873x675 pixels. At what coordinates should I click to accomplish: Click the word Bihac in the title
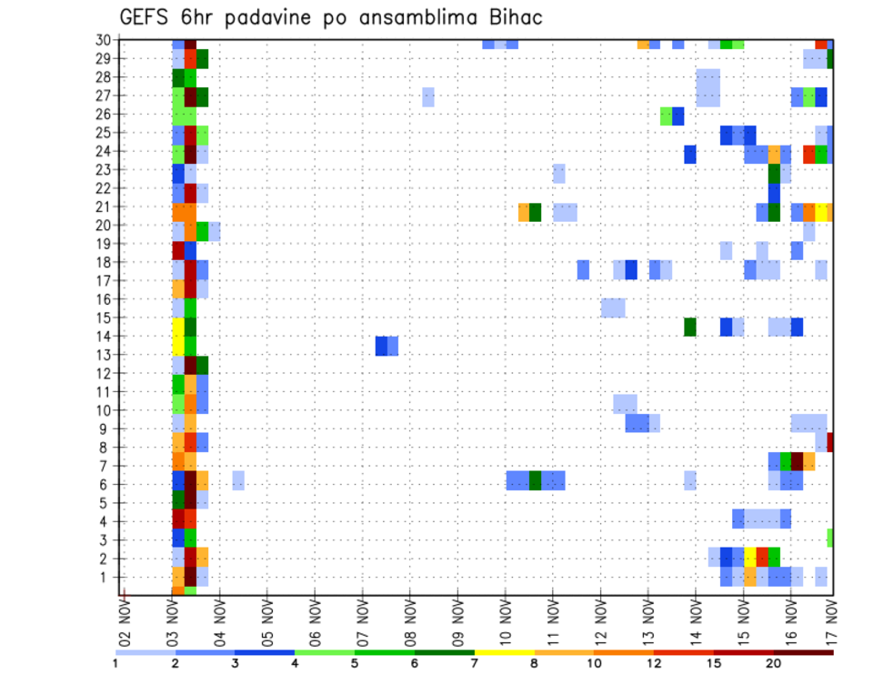(512, 17)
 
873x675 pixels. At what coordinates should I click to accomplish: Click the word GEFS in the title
(145, 17)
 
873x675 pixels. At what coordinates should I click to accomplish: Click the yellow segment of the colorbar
(504, 652)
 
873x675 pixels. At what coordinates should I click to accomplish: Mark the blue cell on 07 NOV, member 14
(382, 346)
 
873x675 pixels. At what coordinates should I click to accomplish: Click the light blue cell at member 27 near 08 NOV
(427, 96)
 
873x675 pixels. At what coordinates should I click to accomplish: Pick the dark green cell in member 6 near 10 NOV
(536, 479)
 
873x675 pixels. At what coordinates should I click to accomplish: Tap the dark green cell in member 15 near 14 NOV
(690, 327)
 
